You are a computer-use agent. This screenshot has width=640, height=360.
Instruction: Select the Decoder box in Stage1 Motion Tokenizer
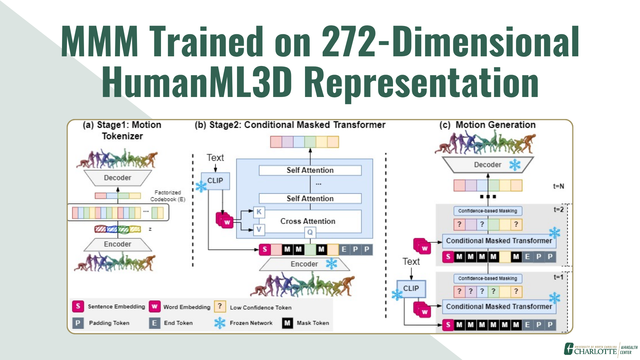(117, 178)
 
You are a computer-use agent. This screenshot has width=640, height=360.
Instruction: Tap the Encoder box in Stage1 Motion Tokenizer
(117, 244)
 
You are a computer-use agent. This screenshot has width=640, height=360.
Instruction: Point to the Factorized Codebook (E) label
(167, 196)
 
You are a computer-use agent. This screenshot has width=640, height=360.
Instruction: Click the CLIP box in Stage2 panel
(215, 181)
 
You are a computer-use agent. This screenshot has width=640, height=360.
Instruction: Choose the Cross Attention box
(308, 221)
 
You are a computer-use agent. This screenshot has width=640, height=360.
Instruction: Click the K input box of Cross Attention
(259, 212)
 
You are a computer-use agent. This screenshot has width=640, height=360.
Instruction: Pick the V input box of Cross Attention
(259, 229)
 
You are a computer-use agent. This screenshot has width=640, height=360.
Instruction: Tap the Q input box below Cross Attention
(310, 232)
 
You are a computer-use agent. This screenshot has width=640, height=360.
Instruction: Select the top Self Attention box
(310, 170)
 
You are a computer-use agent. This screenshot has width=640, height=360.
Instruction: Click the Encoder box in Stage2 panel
(304, 264)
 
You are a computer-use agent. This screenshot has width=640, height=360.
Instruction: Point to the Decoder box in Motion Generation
(487, 165)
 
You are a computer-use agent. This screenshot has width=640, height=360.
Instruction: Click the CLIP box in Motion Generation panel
(411, 288)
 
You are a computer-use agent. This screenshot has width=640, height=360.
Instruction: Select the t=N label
(559, 186)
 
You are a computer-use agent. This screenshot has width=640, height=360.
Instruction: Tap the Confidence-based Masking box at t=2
(487, 211)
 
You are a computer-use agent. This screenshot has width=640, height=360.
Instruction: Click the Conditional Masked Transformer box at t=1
(499, 307)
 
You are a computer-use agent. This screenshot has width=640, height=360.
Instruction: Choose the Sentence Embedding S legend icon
(78, 306)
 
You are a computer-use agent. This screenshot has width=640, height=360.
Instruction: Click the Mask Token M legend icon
(287, 323)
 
